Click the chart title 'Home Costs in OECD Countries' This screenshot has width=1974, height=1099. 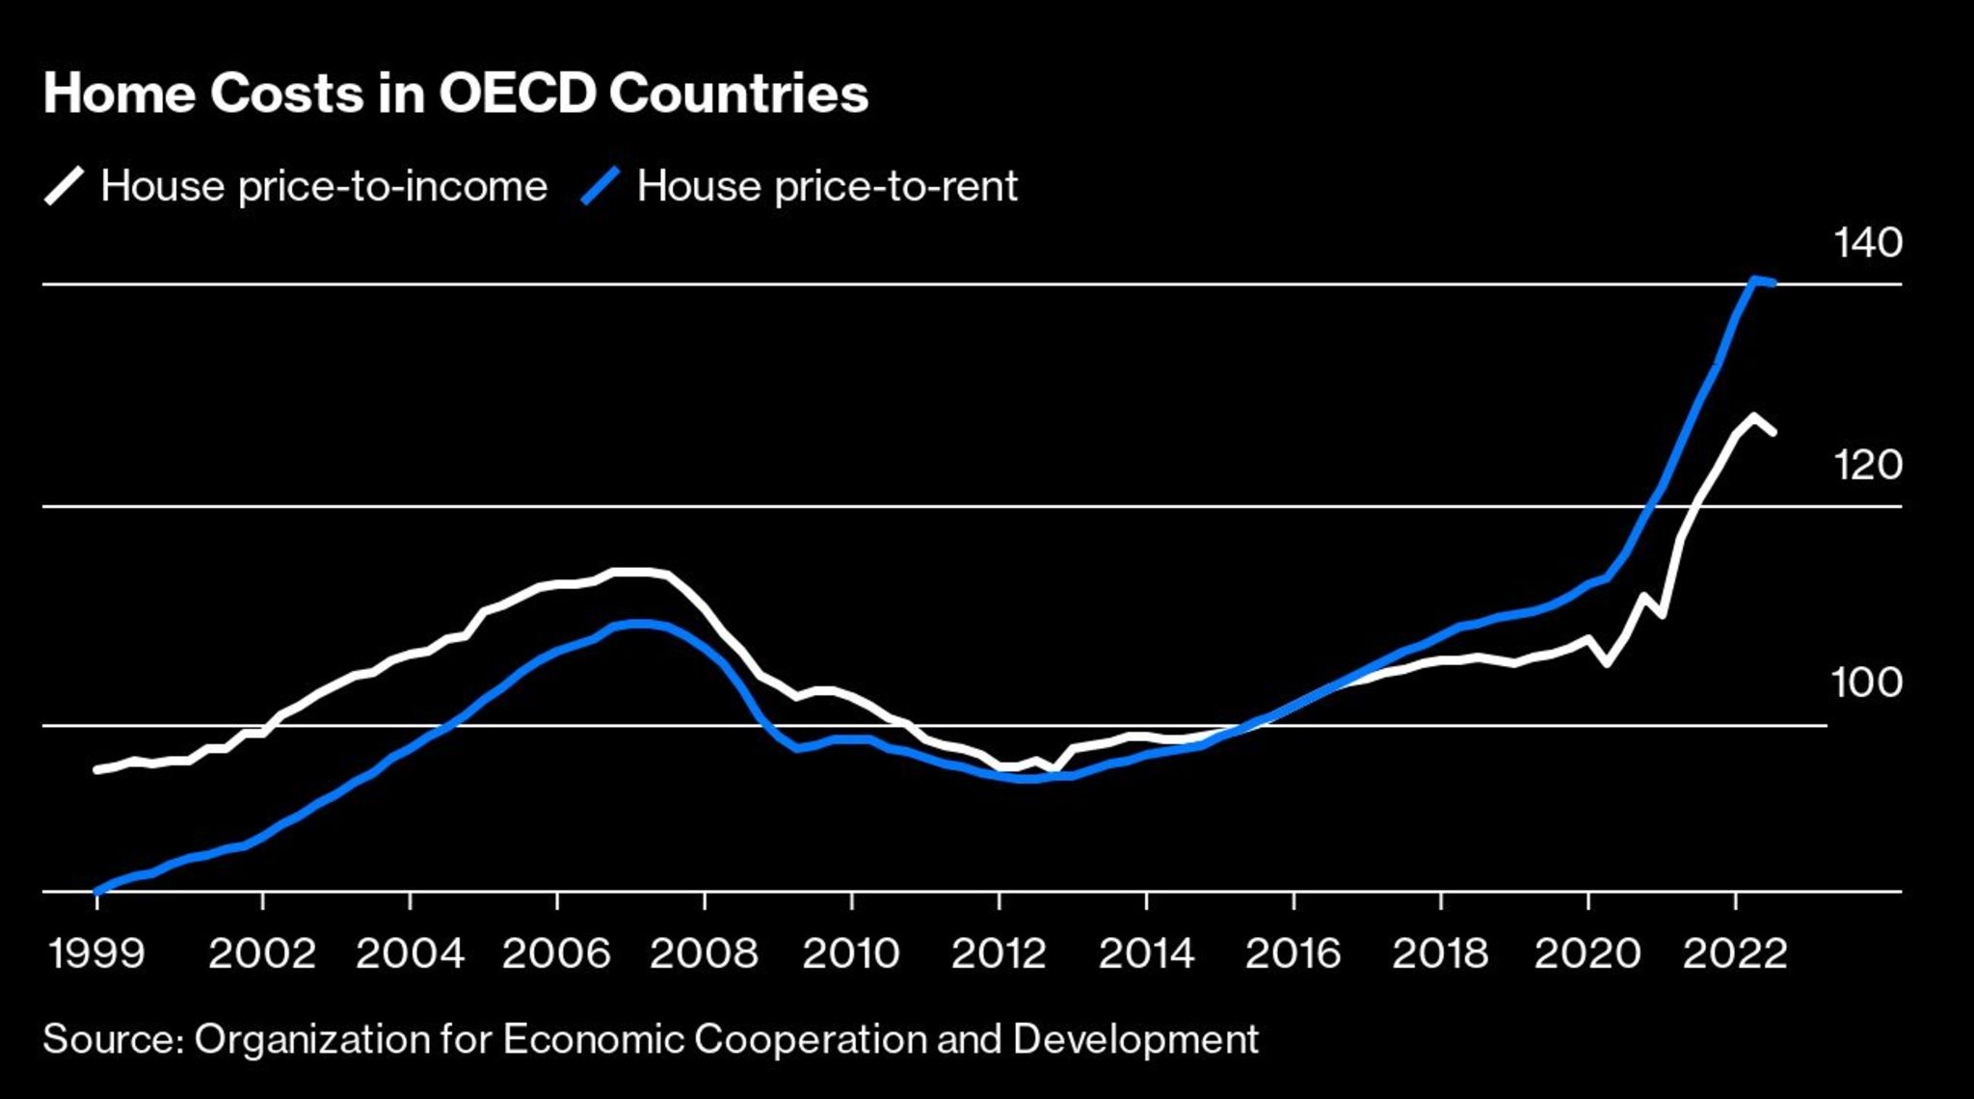point(456,94)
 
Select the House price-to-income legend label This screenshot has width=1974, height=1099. point(324,186)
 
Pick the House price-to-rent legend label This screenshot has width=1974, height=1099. point(827,186)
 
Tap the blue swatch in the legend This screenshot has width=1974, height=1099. point(600,186)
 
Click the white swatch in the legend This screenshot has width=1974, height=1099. point(65,186)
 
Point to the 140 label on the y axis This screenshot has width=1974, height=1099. point(1868,243)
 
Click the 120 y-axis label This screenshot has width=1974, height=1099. point(1868,466)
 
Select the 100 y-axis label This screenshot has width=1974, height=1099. point(1867,684)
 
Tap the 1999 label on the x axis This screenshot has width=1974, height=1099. point(95,954)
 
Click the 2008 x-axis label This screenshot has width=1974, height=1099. point(704,954)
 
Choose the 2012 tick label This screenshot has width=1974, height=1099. point(999,954)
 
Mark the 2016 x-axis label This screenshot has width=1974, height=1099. point(1293,954)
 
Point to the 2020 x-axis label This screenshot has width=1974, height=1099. point(1587,954)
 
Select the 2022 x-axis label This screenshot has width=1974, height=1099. point(1735,954)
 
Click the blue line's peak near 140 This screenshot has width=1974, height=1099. point(1754,280)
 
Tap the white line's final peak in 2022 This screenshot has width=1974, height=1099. point(1753,417)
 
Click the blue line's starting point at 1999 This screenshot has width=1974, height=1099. point(96,891)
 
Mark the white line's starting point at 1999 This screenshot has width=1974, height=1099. point(96,769)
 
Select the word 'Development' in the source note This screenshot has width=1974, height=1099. point(1135,1039)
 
